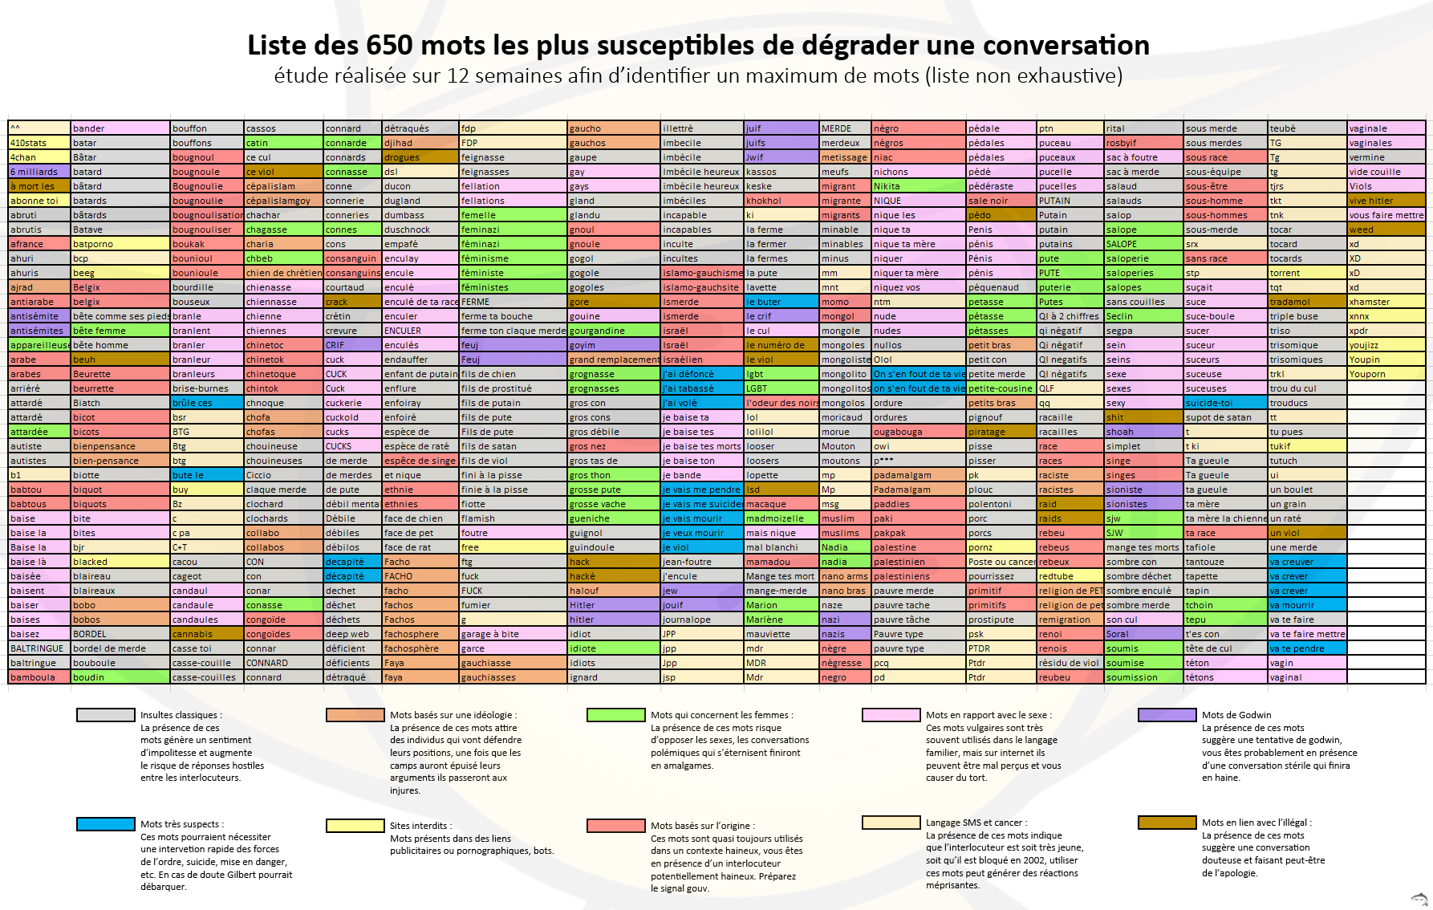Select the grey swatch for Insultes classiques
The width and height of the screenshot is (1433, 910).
(x=105, y=715)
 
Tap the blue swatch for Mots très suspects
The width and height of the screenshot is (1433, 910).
(x=105, y=824)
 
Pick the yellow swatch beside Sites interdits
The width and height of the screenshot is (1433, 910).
(x=355, y=826)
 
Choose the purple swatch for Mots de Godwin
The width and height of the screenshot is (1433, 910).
(x=1167, y=715)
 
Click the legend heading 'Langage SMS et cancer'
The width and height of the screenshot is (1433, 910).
(x=975, y=823)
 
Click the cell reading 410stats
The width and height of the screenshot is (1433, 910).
(x=39, y=143)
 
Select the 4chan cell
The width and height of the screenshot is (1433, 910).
(x=39, y=157)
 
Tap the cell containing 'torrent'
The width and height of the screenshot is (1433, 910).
(x=1306, y=273)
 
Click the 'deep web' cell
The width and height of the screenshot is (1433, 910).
(x=351, y=634)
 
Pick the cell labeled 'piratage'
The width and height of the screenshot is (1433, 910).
(x=1000, y=432)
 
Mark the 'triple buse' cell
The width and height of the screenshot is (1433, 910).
(x=1306, y=316)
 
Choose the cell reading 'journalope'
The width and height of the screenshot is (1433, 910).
(x=701, y=620)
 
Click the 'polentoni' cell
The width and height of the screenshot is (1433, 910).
(x=1000, y=504)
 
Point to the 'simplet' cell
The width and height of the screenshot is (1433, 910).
(x=1143, y=446)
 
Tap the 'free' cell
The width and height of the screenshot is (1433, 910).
(x=512, y=547)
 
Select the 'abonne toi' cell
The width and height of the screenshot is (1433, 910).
(x=39, y=201)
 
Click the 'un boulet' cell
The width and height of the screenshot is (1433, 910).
(x=1306, y=490)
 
